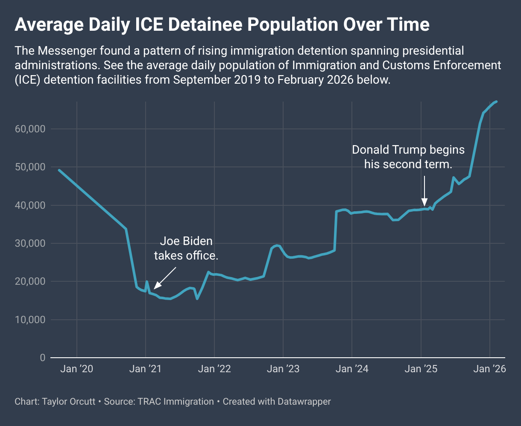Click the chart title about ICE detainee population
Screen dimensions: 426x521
222,25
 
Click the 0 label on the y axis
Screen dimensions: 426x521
42,358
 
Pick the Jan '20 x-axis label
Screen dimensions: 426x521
77,369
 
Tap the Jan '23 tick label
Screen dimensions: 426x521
283,369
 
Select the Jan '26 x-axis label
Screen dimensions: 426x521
489,369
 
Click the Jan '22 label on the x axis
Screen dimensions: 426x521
214,369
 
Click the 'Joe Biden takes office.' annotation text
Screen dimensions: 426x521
186,248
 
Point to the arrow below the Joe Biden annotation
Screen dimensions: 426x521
164,278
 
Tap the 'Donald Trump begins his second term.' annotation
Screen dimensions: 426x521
408,157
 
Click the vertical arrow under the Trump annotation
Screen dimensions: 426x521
424,190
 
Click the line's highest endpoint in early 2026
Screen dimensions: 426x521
496,101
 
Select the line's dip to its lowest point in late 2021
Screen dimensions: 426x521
197,299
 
